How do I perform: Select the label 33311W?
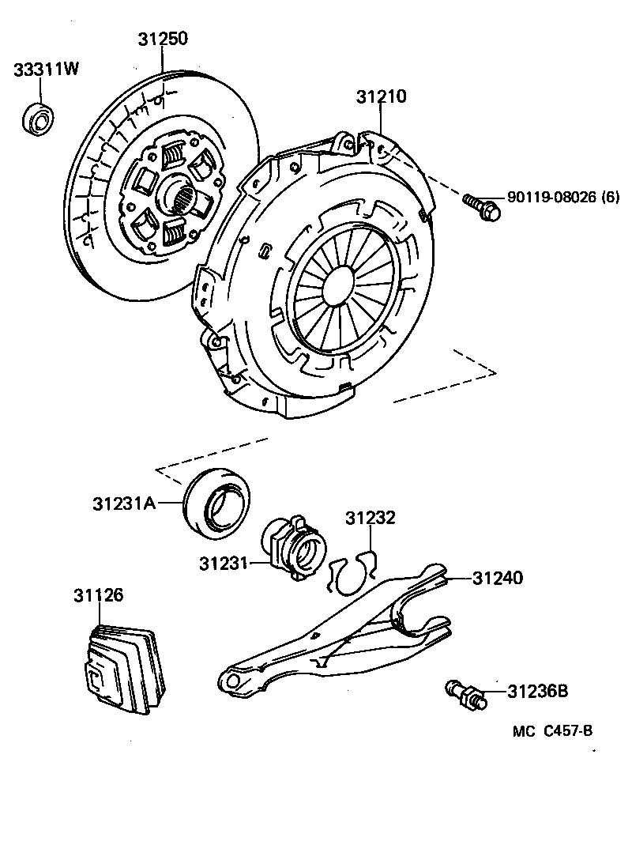(46, 70)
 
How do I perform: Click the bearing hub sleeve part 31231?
(295, 546)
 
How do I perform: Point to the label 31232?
(370, 519)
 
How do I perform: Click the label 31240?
(498, 579)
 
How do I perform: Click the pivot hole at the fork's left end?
(231, 680)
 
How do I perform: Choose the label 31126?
(100, 594)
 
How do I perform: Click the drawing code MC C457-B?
(552, 731)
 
